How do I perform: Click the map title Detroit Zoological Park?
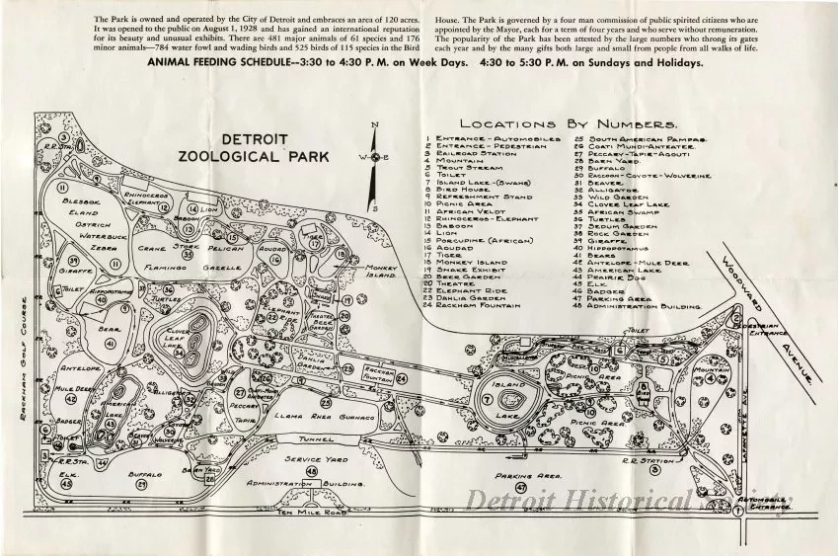coord(255,147)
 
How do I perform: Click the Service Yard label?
coord(312,460)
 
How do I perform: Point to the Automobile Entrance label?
coord(773,505)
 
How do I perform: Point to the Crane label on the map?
coord(152,249)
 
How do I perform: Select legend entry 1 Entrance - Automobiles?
coord(478,139)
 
